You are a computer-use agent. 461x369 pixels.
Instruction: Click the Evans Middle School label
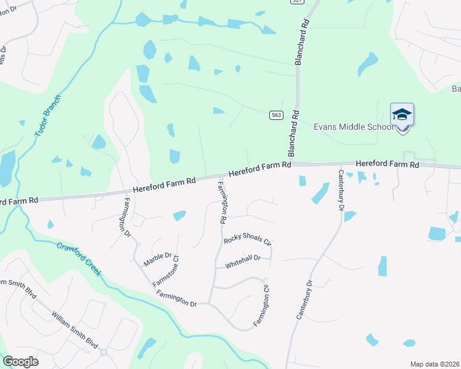(x=353, y=127)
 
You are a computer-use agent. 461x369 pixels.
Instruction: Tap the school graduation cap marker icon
(x=402, y=115)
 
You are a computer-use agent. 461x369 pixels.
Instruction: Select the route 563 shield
(x=276, y=115)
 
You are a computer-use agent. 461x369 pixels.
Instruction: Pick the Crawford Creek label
(x=79, y=258)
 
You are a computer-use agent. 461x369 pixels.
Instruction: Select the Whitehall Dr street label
(x=243, y=260)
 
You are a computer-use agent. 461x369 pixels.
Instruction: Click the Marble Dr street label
(x=157, y=259)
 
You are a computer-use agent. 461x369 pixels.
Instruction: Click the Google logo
(x=20, y=362)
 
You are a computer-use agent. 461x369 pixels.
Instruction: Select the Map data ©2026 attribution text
(x=434, y=364)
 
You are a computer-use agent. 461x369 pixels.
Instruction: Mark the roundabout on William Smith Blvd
(x=104, y=352)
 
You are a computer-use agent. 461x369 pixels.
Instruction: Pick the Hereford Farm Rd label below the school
(x=387, y=165)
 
